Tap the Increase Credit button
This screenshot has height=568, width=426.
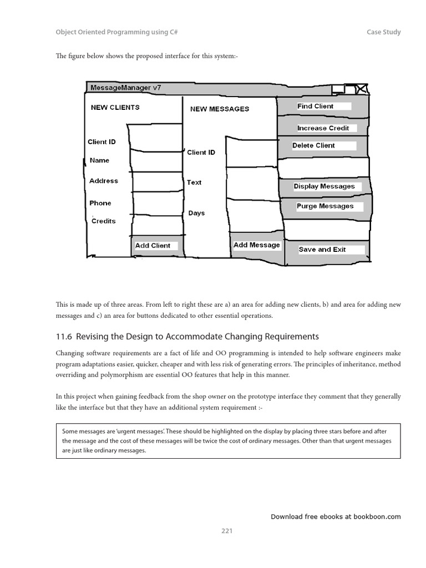point(323,128)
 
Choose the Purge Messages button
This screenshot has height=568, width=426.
point(324,206)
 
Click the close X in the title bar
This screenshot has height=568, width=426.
point(361,88)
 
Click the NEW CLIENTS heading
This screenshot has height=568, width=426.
point(115,108)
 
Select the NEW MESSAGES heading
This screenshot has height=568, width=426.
point(220,109)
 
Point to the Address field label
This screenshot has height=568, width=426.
point(104,181)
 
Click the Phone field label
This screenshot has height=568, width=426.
point(100,203)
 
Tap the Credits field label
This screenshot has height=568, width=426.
point(104,221)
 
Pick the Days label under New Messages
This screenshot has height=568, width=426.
point(196,213)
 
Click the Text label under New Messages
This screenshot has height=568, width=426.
point(194,182)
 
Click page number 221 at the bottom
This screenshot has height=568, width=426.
point(227,531)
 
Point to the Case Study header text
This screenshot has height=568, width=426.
point(383,32)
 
